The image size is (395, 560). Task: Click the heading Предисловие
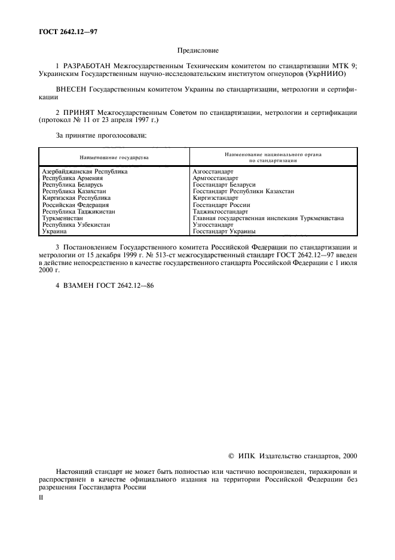pos(197,53)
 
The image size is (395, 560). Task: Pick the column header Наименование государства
pos(114,157)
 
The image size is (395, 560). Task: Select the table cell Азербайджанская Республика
pos(85,171)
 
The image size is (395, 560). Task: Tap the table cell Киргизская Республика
pos(76,197)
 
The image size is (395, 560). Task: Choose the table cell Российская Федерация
pos(75,205)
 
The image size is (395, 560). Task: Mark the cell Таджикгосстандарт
pos(220,211)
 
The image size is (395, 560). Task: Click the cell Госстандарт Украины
pos(224,231)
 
